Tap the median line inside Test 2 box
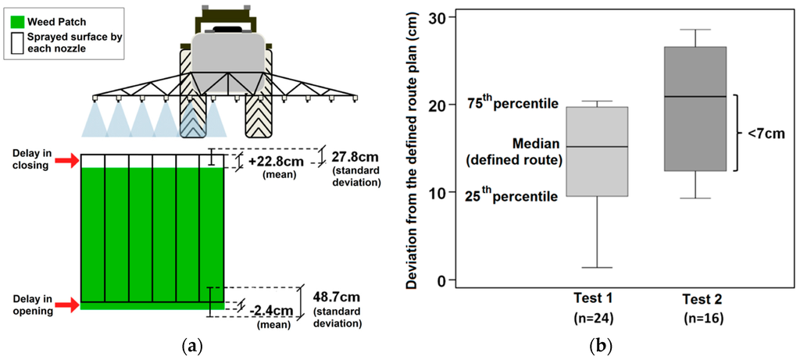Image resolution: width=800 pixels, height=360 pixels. pos(695,97)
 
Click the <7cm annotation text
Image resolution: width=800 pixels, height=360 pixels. pos(766,134)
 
